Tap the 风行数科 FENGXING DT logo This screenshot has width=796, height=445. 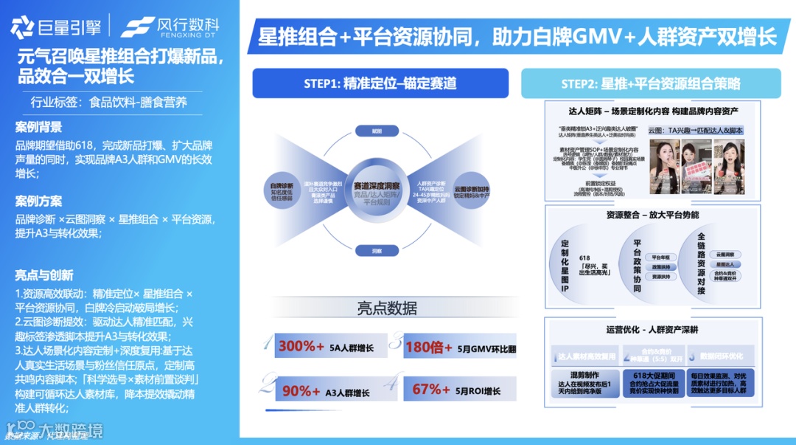[170, 27]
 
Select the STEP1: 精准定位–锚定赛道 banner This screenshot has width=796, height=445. [380, 83]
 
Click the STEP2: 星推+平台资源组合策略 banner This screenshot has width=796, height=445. [651, 83]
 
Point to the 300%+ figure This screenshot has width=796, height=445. [301, 345]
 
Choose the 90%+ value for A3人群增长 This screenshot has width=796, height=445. [301, 390]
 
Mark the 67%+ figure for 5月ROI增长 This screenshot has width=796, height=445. [432, 390]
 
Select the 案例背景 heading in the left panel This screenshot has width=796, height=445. [38, 127]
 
